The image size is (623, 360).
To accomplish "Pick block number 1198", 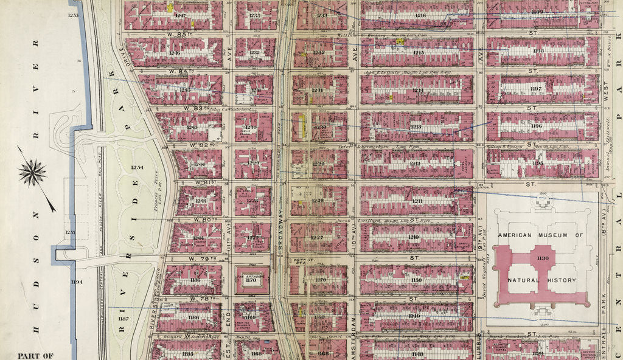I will tap(538, 50).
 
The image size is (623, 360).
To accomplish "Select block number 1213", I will tap(416, 126).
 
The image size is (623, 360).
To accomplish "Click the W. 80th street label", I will tap(199, 220).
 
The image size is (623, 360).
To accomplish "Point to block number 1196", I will tap(537, 126).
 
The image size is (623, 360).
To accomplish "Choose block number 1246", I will tap(175, 53).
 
